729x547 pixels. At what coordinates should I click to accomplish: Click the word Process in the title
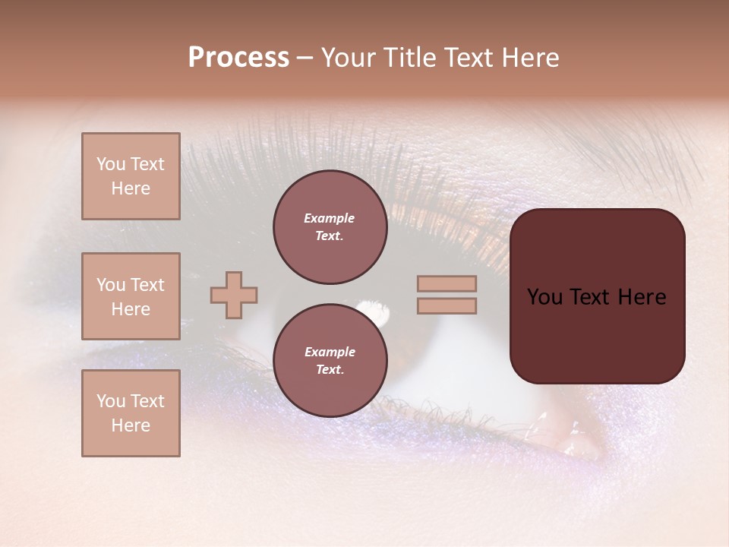pyautogui.click(x=238, y=58)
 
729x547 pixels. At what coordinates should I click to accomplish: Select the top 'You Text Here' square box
pyautogui.click(x=131, y=176)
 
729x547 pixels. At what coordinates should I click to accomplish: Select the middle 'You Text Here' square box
pyautogui.click(x=131, y=296)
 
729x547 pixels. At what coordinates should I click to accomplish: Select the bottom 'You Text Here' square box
pyautogui.click(x=131, y=413)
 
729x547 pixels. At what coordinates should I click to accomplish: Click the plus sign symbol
pyautogui.click(x=234, y=295)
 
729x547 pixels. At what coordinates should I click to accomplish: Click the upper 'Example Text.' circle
pyautogui.click(x=330, y=227)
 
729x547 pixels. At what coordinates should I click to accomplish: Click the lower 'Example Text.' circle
pyautogui.click(x=330, y=361)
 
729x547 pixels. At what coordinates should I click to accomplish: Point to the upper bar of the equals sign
pyautogui.click(x=447, y=283)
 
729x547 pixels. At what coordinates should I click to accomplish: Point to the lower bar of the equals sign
pyautogui.click(x=447, y=305)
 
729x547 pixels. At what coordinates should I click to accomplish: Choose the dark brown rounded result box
pyautogui.click(x=597, y=296)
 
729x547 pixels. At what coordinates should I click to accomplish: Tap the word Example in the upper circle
pyautogui.click(x=330, y=219)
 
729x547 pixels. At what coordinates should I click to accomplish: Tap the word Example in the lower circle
pyautogui.click(x=330, y=353)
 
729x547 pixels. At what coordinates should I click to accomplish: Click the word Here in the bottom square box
pyautogui.click(x=131, y=425)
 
